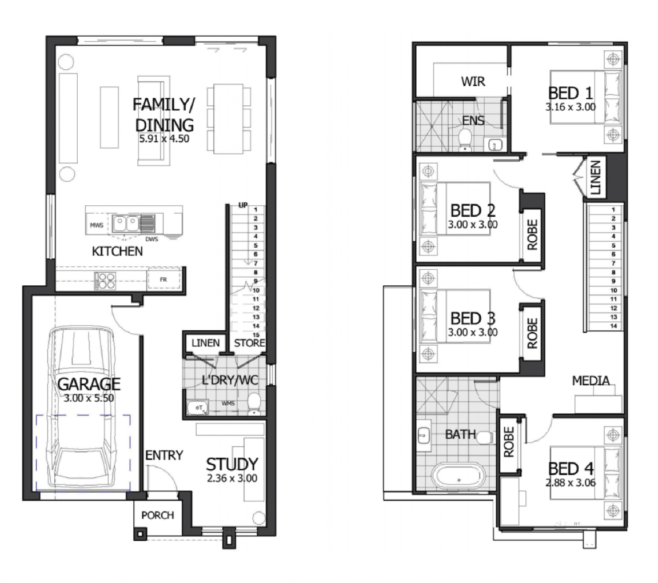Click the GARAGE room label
(x=89, y=384)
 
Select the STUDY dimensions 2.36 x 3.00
(x=232, y=478)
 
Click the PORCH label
(x=157, y=515)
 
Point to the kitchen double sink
(x=126, y=223)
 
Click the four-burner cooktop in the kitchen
(x=105, y=281)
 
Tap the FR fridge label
(x=163, y=279)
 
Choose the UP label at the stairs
(x=243, y=205)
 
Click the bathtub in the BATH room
(x=458, y=477)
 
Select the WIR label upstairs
(x=473, y=81)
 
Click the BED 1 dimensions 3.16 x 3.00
(x=571, y=107)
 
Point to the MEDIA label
(x=591, y=381)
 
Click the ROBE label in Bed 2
(x=532, y=235)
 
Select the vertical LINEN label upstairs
(x=596, y=178)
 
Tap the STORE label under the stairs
(x=249, y=343)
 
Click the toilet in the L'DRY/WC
(x=254, y=404)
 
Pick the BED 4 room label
(x=571, y=469)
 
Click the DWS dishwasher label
(x=152, y=239)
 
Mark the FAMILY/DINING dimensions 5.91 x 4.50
(x=164, y=139)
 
